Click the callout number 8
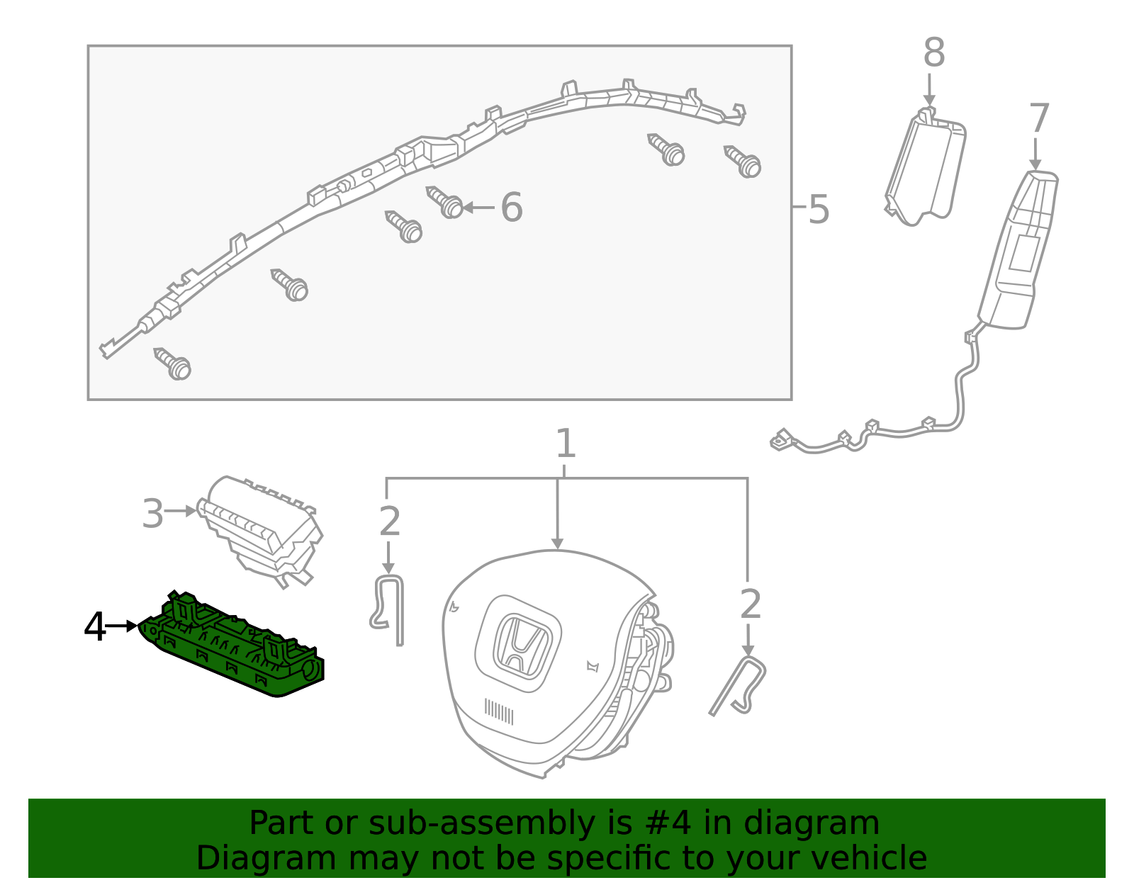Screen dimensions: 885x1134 click(933, 54)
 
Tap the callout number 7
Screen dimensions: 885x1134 click(1038, 119)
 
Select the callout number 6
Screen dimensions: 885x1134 click(511, 208)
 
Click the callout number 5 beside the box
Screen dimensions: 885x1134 click(818, 210)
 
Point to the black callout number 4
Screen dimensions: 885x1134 click(95, 627)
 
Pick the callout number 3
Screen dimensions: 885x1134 click(152, 514)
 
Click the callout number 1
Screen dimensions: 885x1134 click(565, 444)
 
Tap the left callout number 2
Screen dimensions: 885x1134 click(390, 522)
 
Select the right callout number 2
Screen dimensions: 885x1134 click(750, 604)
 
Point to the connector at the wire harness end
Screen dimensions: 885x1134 click(782, 440)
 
